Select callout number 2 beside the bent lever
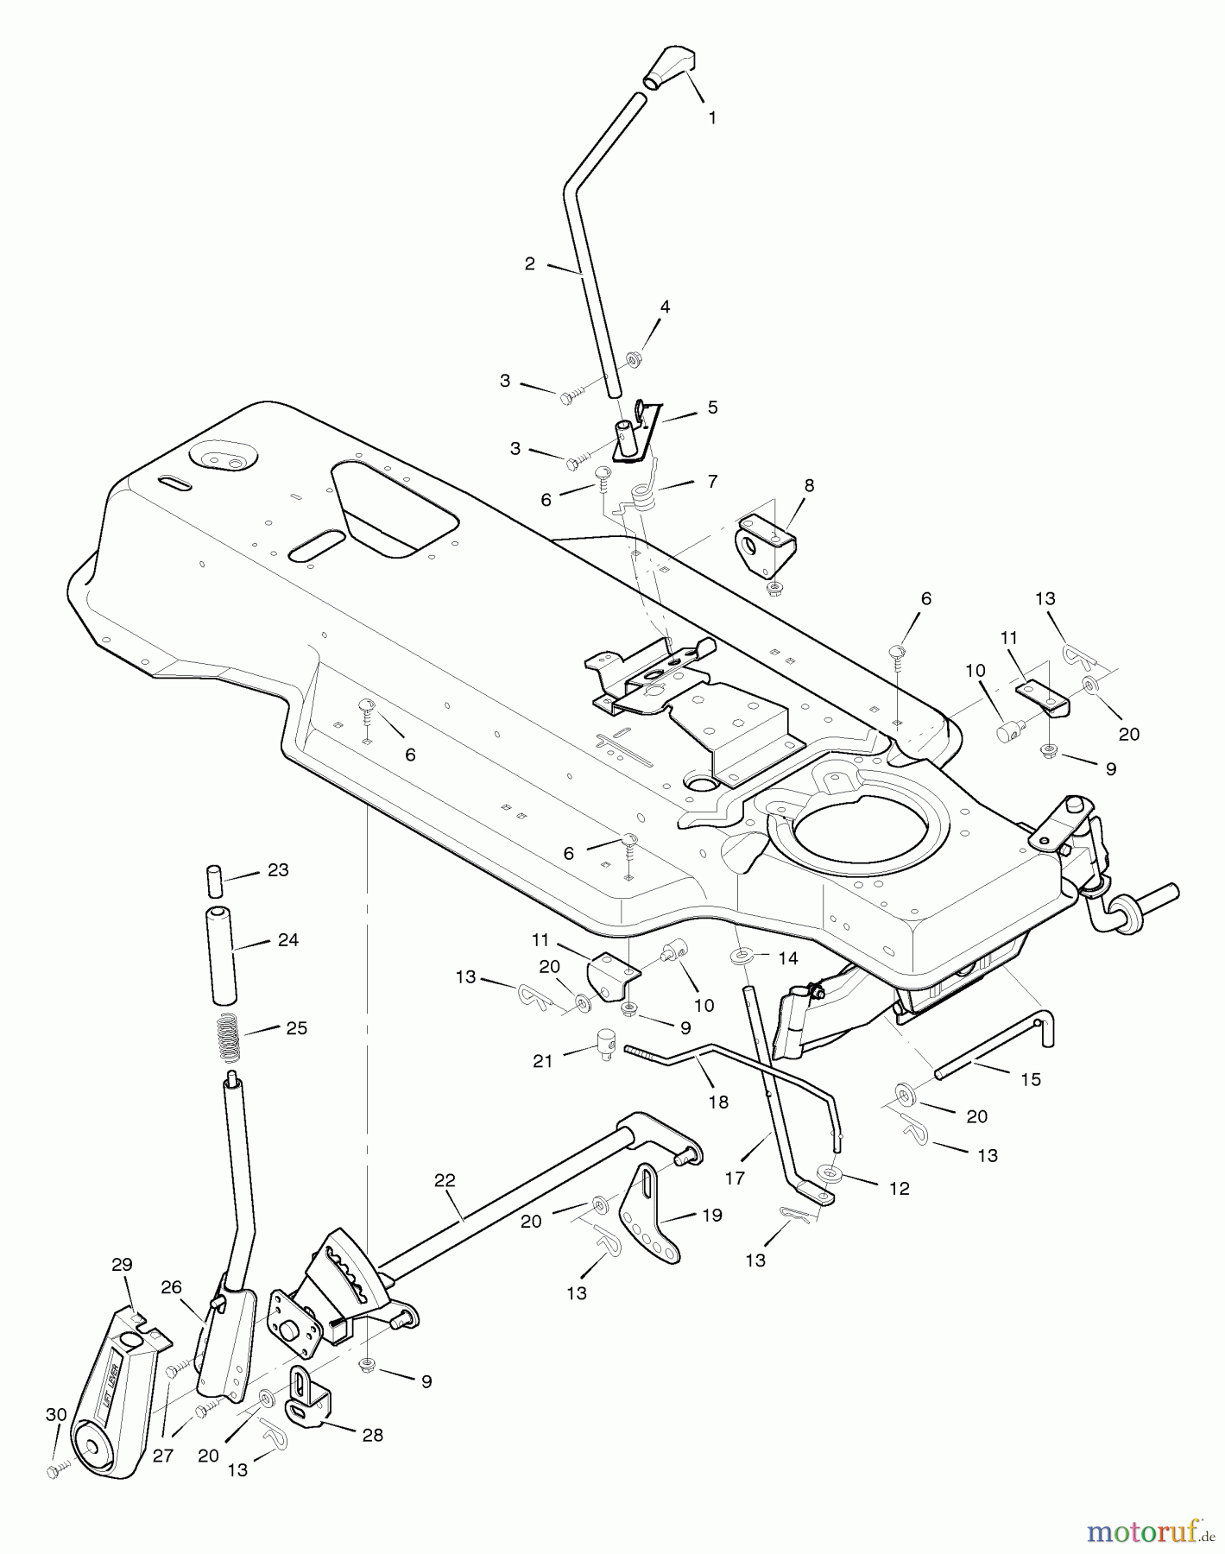pos(530,264)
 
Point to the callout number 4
pos(665,306)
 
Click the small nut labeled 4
pos(633,357)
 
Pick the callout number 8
pos(809,485)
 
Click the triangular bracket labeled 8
pos(766,546)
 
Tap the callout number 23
pos(278,870)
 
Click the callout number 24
pos(288,939)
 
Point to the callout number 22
pos(445,1181)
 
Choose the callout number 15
pos(1031,1079)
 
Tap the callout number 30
pos(56,1414)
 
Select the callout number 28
pos(373,1435)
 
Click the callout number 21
pos(542,1061)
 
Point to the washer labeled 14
pos(742,957)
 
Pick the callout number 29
pos(122,1264)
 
